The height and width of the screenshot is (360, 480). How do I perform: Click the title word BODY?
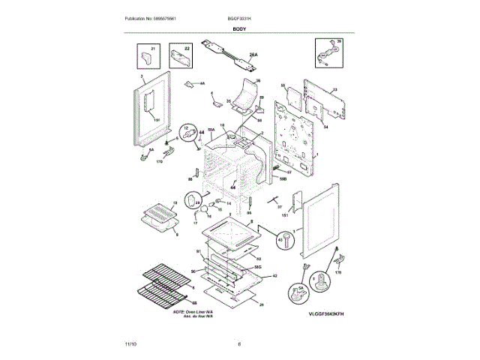239,28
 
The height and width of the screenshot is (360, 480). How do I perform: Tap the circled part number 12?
193,135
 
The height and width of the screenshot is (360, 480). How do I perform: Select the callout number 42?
274,276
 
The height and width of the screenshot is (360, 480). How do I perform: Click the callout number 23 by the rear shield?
334,89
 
